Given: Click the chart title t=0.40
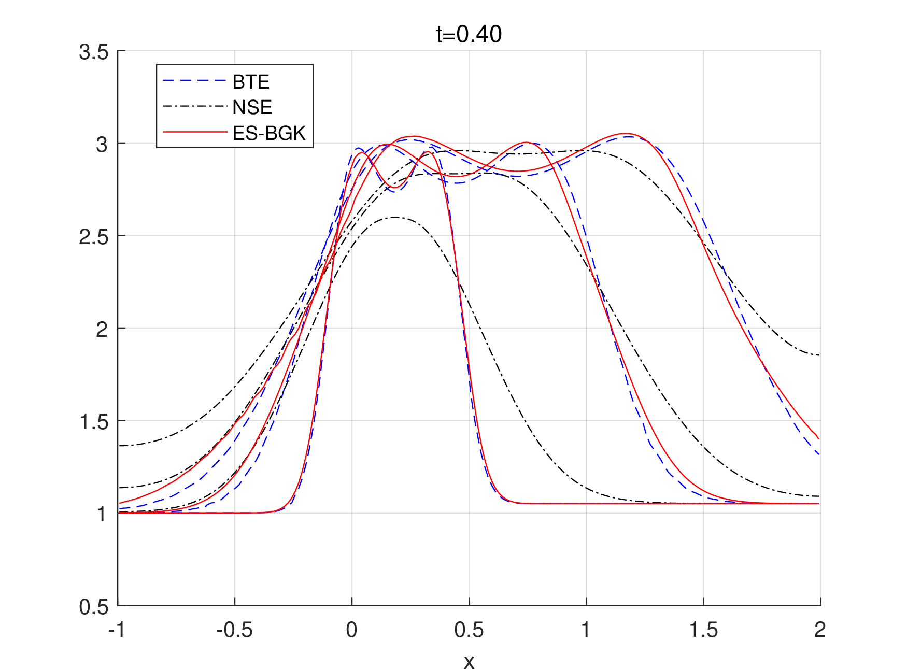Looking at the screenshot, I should pos(469,34).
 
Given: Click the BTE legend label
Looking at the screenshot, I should pos(251,82).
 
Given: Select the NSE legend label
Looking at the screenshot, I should pos(252,107).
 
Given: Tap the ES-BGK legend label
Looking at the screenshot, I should pos(269,133).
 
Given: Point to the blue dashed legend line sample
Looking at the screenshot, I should pos(195,81).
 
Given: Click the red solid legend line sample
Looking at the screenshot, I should pos(195,132).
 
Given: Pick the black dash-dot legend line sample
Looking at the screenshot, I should pos(195,107).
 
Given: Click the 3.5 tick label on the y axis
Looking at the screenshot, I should pos(94,52).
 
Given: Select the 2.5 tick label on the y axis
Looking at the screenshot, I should pos(94,237).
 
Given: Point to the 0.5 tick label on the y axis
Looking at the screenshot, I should pos(94,607).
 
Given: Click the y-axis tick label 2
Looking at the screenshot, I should pos(102,329).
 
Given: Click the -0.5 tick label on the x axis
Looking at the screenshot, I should pos(234,630).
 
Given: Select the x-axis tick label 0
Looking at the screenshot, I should pos(352,630).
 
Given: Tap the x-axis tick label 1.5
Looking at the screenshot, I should pos(703,630).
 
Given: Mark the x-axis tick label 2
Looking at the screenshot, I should pos(820,630).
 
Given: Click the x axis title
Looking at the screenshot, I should pos(469,662).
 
